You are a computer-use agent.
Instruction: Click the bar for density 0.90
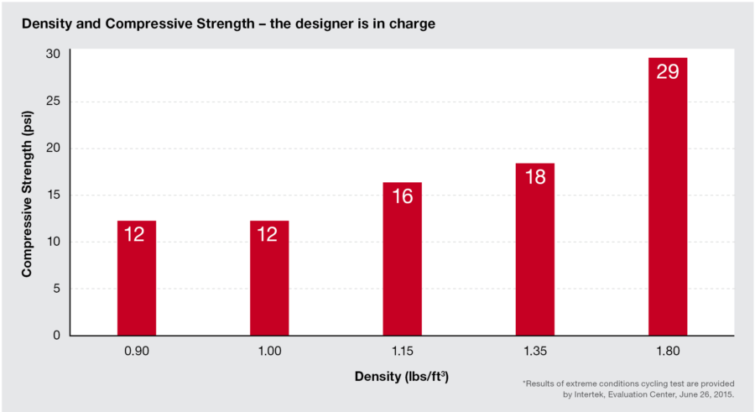[x=136, y=278]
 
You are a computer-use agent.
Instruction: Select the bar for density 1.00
[x=268, y=278]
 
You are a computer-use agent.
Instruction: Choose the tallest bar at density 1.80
[x=667, y=196]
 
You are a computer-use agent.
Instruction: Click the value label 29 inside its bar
[x=667, y=72]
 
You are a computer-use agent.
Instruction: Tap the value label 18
[x=534, y=177]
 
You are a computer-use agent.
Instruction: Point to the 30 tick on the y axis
[x=53, y=54]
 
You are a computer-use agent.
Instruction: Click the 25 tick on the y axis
[x=53, y=101]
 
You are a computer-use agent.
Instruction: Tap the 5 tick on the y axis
[x=56, y=289]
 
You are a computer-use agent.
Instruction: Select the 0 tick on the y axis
[x=56, y=336]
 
